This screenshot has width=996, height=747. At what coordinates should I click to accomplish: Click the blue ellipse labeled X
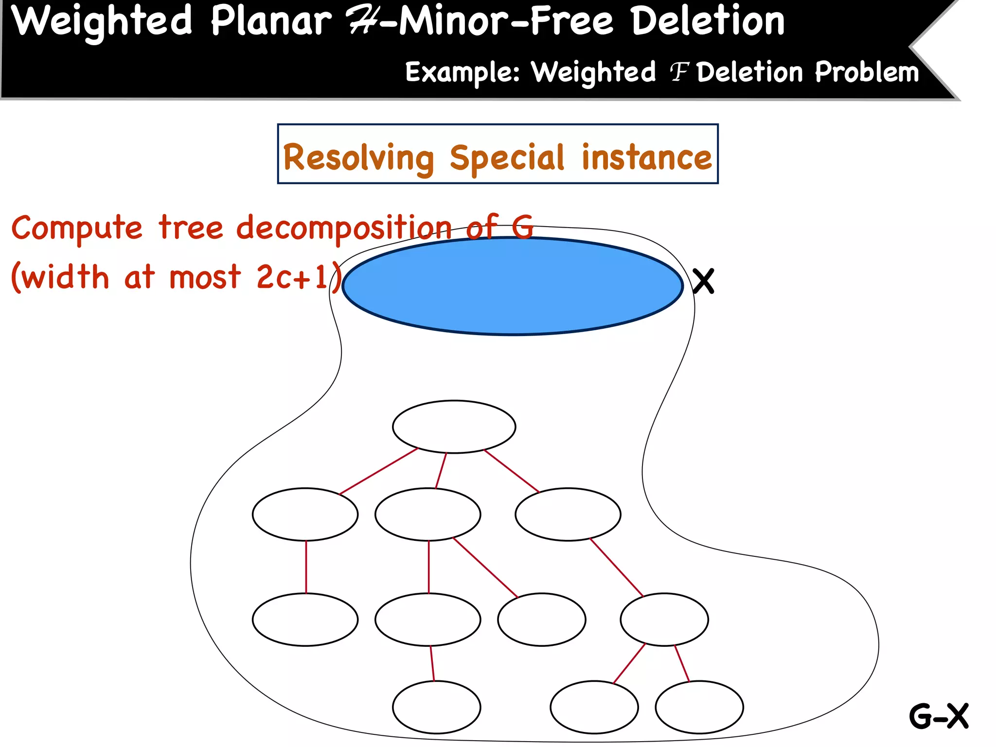pos(513,286)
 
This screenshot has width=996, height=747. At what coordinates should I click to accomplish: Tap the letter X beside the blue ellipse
pos(703,281)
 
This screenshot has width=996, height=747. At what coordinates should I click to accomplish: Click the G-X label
pos(939,716)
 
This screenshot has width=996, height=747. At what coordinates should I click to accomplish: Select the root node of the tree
pos(454,427)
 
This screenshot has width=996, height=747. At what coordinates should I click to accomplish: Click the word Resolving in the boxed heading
pos(358,158)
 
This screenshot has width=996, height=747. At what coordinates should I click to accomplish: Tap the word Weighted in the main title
pos(102,22)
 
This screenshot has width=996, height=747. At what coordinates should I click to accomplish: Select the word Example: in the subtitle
pos(462,72)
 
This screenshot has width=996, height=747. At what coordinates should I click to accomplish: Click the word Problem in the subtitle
pos(867,72)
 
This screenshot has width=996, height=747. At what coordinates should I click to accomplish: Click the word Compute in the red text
pos(77,228)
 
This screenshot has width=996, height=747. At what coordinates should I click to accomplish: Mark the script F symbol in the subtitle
pos(679,72)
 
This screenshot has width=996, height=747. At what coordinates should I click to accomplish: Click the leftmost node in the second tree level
pos(305,514)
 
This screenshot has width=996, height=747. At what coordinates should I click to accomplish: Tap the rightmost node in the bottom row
pos(699,707)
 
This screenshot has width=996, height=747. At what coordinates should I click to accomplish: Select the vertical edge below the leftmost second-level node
pos(306,567)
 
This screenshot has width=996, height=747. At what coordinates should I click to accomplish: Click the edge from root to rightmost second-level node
pos(512,471)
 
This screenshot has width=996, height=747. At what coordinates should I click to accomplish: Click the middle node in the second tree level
pos(427,514)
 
